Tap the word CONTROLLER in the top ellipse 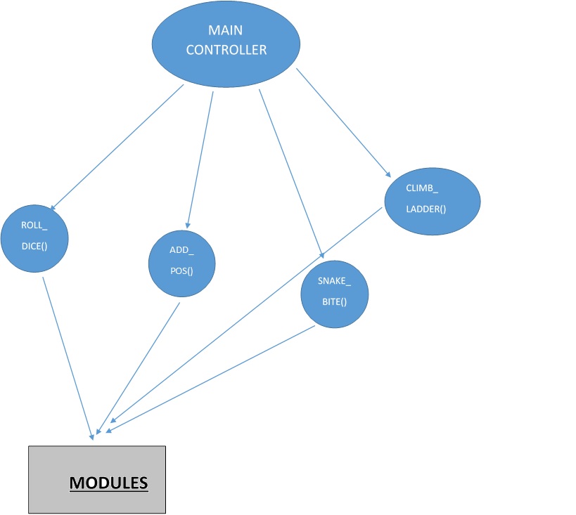pyautogui.click(x=226, y=51)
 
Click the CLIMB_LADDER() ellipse pyautogui.click(x=432, y=200)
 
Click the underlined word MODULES pyautogui.click(x=108, y=483)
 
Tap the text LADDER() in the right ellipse pyautogui.click(x=426, y=209)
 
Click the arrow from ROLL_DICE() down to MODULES pyautogui.click(x=68, y=358)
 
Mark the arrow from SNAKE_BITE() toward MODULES pyautogui.click(x=211, y=376)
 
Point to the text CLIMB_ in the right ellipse pyautogui.click(x=422, y=188)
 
